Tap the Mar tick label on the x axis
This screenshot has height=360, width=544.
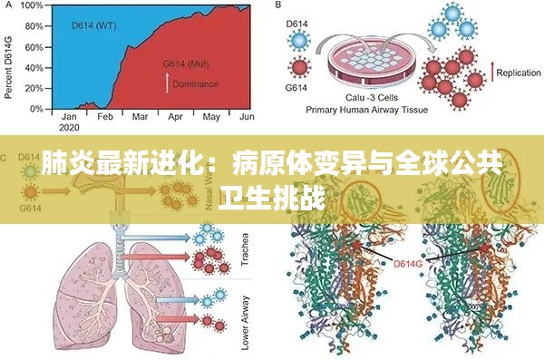[x=140, y=117]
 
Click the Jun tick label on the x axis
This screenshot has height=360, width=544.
[x=246, y=117]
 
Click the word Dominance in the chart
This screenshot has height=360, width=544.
[x=196, y=84]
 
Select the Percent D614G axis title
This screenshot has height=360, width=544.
[x=8, y=56]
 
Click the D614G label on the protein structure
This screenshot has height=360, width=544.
[x=408, y=264]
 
